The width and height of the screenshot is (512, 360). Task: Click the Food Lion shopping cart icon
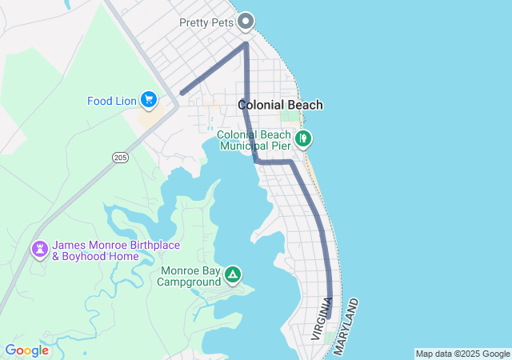(148, 100)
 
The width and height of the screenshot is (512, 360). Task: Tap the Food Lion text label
(112, 101)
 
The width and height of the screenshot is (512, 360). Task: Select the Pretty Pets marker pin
(246, 22)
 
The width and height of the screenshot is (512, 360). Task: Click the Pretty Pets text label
(206, 22)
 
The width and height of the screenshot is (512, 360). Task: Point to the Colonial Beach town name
(281, 105)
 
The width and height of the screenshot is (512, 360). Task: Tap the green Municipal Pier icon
(303, 139)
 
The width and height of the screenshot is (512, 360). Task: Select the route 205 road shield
(120, 158)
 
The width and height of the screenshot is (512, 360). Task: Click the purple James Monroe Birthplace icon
(39, 250)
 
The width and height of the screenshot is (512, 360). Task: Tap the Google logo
(26, 350)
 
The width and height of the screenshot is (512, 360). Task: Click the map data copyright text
(462, 354)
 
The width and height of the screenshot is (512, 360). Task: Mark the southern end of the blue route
(330, 317)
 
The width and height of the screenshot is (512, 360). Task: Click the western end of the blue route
(182, 94)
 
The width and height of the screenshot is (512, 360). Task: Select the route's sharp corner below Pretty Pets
(246, 44)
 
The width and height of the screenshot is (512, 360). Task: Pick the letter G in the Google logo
(10, 350)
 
